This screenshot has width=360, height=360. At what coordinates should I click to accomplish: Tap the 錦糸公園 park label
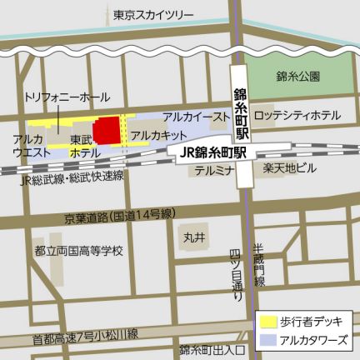298,76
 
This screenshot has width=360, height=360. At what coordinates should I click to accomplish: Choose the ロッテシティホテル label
297,115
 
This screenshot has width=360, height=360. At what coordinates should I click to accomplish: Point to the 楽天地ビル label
290,169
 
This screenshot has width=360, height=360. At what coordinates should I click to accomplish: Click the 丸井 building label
195,237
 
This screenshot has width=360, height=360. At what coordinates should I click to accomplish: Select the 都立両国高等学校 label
79,249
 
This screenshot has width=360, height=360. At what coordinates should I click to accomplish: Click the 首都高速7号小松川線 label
85,337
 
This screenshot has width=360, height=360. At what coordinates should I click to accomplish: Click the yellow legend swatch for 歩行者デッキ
268,319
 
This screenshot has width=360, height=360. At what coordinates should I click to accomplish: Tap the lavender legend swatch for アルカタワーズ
268,340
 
